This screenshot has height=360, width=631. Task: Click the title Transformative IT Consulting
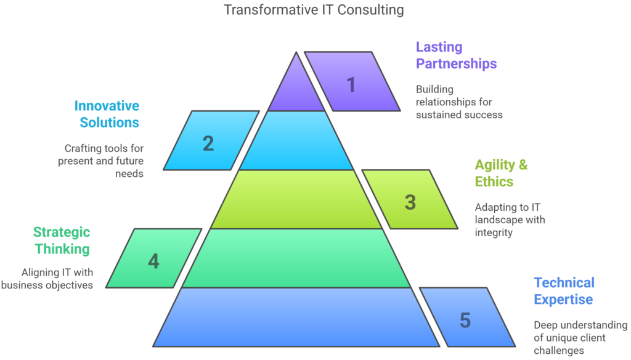pos(314,10)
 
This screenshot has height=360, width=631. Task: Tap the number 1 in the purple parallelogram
pos(351,84)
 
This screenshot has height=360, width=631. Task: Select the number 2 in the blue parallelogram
pos(208,143)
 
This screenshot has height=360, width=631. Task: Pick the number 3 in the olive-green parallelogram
pos(410,202)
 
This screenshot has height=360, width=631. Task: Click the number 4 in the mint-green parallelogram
pos(153,261)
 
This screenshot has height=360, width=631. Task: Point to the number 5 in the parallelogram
pos(465,320)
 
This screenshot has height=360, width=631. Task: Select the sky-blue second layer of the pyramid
pos(296,141)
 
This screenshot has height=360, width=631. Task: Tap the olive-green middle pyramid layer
pos(296,199)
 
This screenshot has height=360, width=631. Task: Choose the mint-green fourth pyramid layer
pos(296,258)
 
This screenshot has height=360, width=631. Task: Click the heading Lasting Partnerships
pos(456,55)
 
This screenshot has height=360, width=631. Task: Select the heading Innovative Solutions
pos(110,114)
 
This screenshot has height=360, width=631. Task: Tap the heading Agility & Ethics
pos(501,173)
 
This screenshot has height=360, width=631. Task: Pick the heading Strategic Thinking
pos(62,240)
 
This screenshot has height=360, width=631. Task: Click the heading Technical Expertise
pos(564,291)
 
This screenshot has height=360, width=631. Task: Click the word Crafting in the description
pos(86,149)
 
